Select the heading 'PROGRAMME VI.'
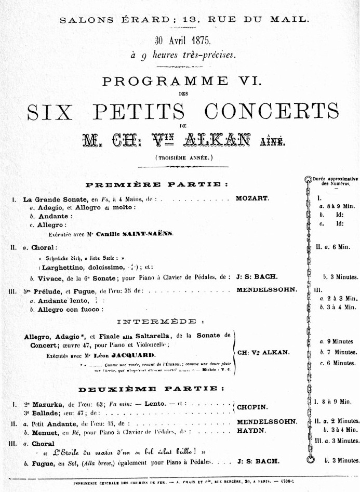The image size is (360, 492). [180, 82]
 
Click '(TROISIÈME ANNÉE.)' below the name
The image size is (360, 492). [180, 156]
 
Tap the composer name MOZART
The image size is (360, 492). [252, 198]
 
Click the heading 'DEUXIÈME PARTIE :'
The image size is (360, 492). [152, 389]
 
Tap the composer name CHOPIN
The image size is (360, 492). [252, 407]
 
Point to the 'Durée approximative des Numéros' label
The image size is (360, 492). [335, 181]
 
